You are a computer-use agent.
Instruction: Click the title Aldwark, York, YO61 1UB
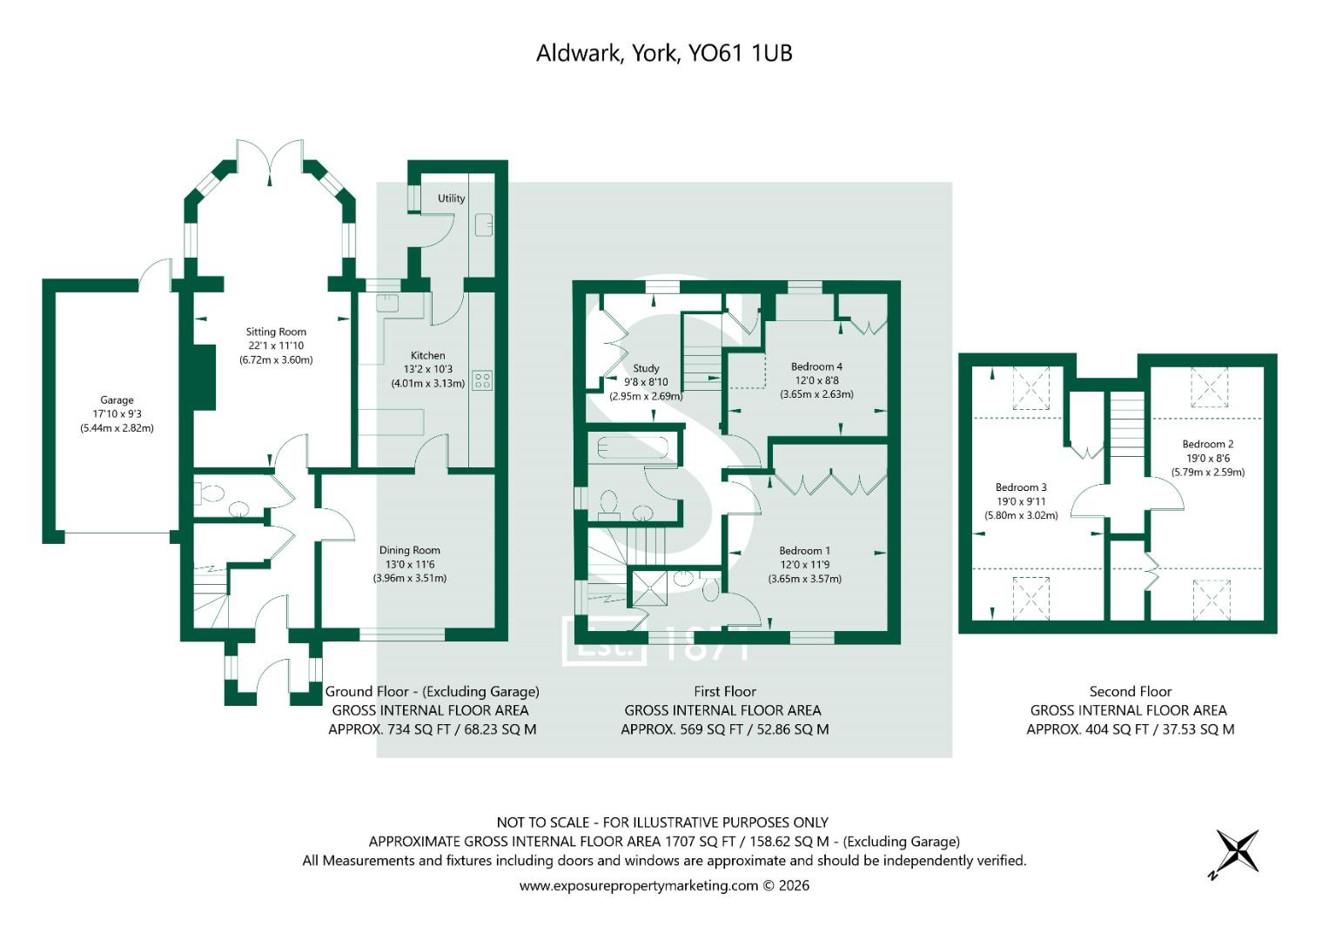coord(663,53)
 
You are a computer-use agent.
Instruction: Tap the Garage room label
coord(117,400)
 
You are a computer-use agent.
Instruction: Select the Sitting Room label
coord(276,332)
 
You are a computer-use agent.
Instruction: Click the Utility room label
coord(451,198)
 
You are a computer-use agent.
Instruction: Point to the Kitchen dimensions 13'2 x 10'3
coord(427,369)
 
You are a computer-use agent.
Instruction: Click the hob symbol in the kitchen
coord(481,380)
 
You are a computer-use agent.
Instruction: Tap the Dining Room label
coord(409,550)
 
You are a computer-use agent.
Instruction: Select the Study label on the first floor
coord(646,368)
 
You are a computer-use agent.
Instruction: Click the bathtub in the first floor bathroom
coord(632,448)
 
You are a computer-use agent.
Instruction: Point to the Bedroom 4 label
coord(816,366)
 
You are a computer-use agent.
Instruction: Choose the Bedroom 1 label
coord(804,550)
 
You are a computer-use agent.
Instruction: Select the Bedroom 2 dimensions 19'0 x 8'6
coord(1207,458)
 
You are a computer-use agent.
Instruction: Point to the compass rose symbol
coord(1236,851)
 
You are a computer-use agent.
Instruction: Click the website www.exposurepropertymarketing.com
coord(639,885)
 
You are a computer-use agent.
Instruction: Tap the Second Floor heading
coord(1130,691)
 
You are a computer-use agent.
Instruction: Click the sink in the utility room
coord(484,224)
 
